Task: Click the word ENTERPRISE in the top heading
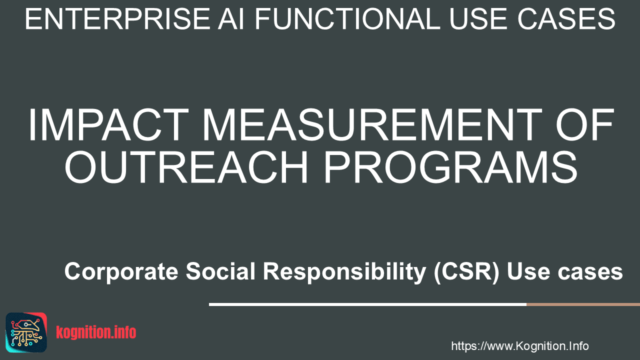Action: click(x=117, y=19)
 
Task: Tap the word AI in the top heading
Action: click(x=231, y=19)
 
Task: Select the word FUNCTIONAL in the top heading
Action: click(x=347, y=19)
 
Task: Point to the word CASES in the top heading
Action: click(x=566, y=19)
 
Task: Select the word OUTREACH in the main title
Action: click(x=186, y=167)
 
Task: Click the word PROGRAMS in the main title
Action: click(x=451, y=167)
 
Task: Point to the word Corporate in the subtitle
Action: click(x=121, y=271)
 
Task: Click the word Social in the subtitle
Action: click(x=220, y=271)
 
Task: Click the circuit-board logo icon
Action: click(x=26, y=332)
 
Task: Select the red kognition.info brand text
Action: click(x=96, y=332)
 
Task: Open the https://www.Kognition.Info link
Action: click(x=520, y=346)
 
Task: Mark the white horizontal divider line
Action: click(x=367, y=304)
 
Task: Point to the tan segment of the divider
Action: click(x=583, y=304)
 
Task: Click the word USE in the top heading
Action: click(x=478, y=19)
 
